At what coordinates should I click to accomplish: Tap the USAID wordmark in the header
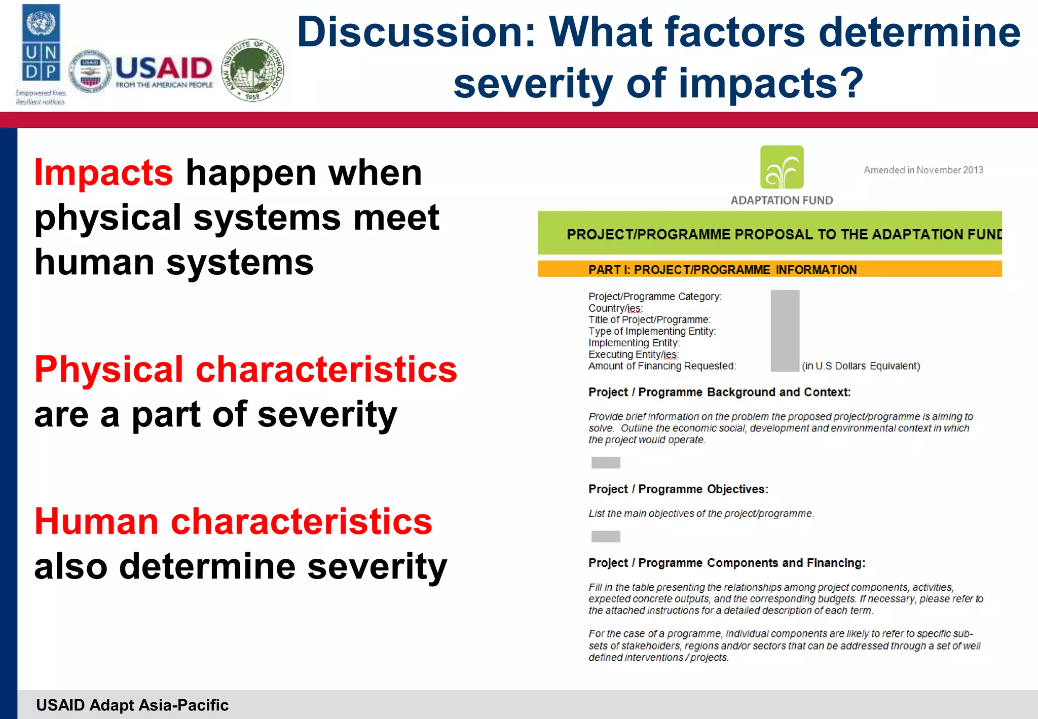tap(163, 68)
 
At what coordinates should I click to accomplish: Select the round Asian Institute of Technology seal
tap(253, 70)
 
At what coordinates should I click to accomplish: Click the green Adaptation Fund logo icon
tap(782, 167)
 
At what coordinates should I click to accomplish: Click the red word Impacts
tap(103, 173)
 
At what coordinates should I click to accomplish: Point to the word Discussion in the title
tap(416, 32)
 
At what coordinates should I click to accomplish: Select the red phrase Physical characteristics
tap(245, 369)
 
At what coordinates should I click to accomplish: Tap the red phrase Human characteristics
tap(233, 522)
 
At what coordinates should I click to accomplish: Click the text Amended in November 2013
tap(923, 170)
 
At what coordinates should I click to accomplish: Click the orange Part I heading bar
tap(769, 269)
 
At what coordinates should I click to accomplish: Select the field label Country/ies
tap(615, 308)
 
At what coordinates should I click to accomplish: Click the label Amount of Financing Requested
tap(662, 366)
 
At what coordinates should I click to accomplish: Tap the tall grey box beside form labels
tap(785, 331)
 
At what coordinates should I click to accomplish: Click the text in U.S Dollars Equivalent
tap(861, 366)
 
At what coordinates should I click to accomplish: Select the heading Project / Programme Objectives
tap(678, 489)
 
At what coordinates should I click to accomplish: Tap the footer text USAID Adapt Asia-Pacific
tap(132, 705)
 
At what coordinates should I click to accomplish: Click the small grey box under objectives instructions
tap(606, 536)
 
